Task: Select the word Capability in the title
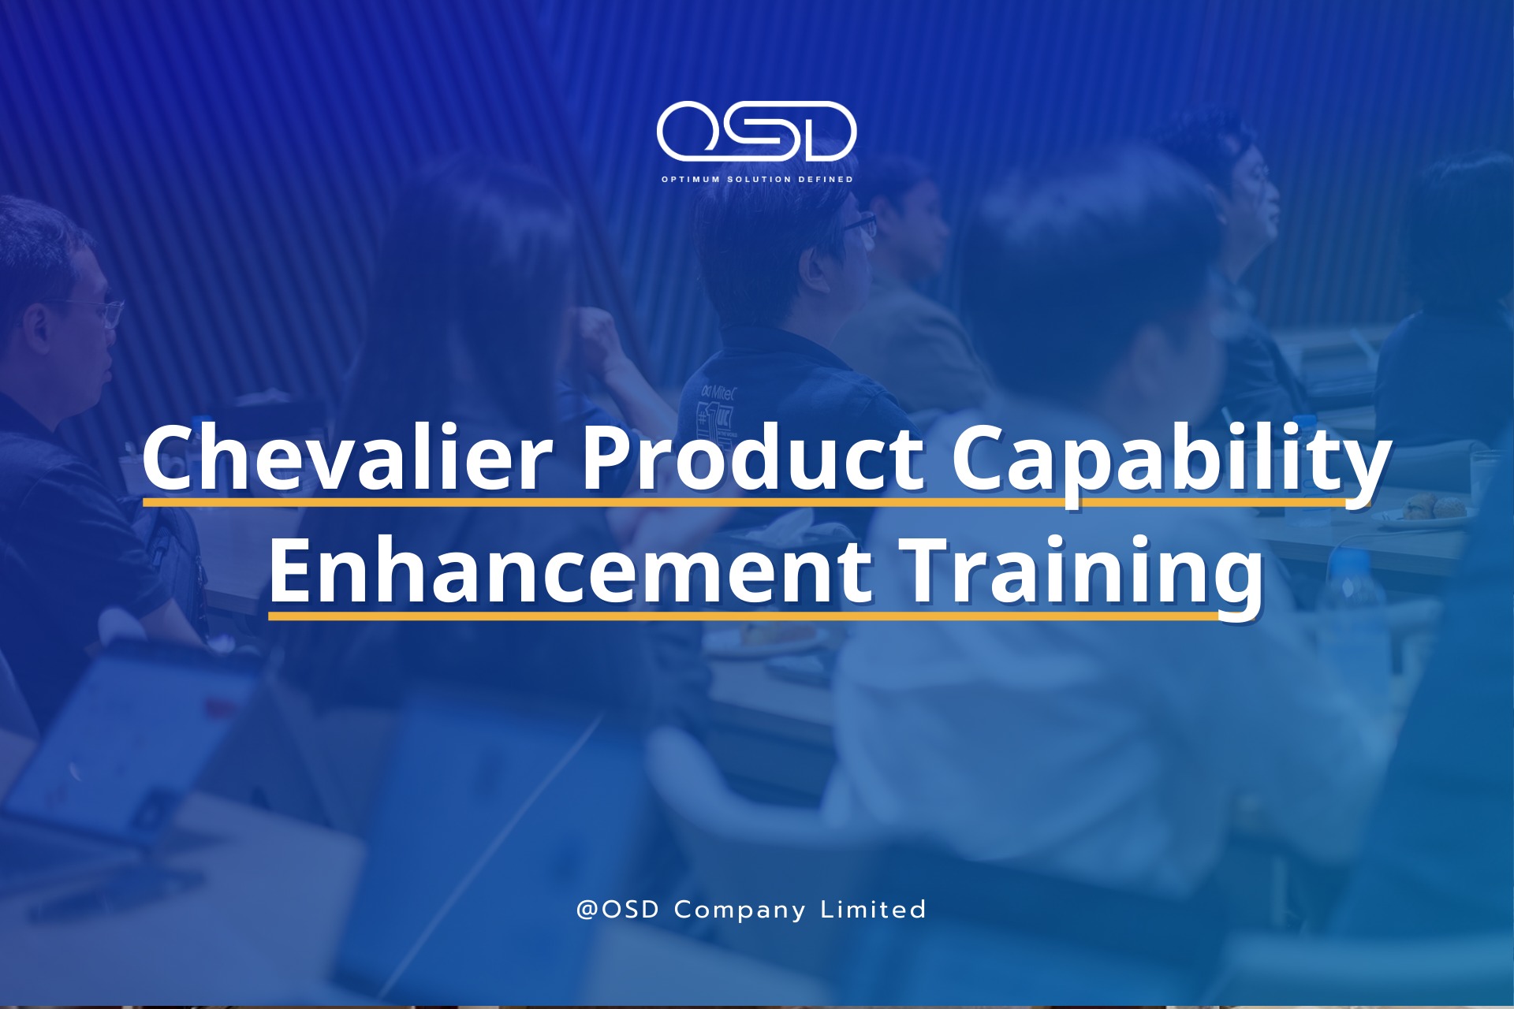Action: point(1171,465)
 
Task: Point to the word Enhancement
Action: point(570,571)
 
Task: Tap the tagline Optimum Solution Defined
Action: point(757,180)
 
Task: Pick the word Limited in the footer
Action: point(874,910)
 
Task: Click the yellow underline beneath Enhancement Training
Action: point(744,615)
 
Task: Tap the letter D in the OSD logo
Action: point(825,131)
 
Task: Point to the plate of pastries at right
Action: point(1427,508)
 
